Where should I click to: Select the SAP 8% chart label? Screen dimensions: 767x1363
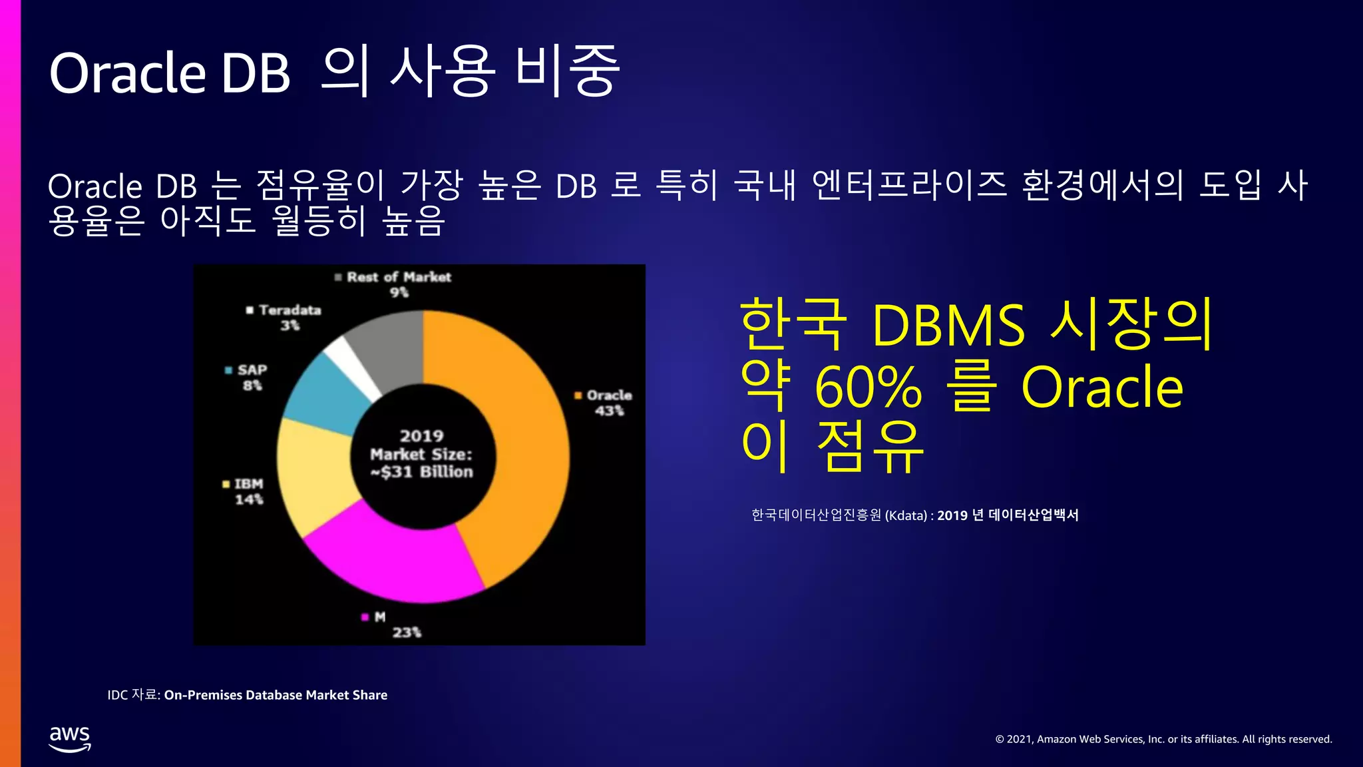[x=250, y=377]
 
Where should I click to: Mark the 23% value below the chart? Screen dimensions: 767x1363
[x=406, y=632]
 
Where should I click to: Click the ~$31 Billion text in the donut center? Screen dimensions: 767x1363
[x=422, y=472]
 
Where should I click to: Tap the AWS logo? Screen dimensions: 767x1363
[x=70, y=738]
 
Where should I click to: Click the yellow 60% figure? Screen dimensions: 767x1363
[x=869, y=387]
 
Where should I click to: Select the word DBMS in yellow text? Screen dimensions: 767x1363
[x=948, y=326]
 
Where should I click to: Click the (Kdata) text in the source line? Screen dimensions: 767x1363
[x=906, y=515]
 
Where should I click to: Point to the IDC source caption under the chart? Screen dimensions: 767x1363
[x=248, y=695]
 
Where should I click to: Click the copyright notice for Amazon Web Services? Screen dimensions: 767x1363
[x=1163, y=739]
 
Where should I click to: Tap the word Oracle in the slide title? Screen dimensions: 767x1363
[x=128, y=73]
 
